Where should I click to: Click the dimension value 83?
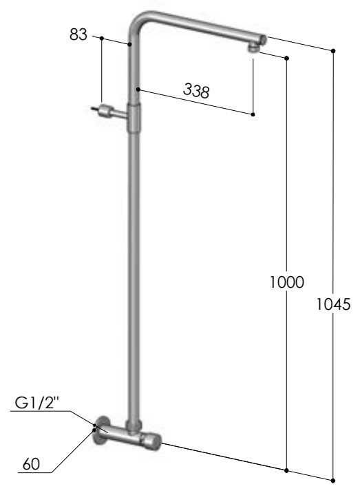[78, 34]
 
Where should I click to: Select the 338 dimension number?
[196, 91]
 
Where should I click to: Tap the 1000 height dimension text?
[287, 282]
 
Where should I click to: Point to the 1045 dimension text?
[333, 304]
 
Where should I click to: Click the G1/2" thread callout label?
[37, 403]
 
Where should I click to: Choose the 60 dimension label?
[31, 464]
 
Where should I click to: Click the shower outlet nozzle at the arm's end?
[254, 48]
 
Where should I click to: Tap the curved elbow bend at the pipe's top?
[139, 21]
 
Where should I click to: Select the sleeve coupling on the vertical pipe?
[134, 118]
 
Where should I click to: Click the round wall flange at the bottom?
[101, 431]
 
